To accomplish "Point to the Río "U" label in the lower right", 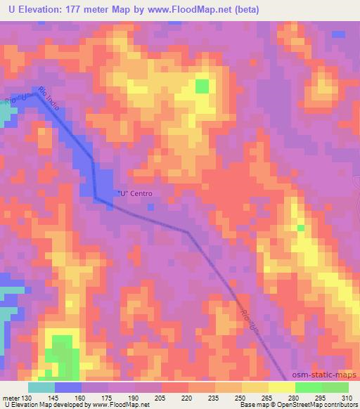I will (254, 323).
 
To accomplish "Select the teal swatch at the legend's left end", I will (41, 387).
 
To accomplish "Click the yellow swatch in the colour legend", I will (282, 387).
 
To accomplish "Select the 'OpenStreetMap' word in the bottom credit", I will (295, 405).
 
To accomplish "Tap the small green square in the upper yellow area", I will (202, 86).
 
